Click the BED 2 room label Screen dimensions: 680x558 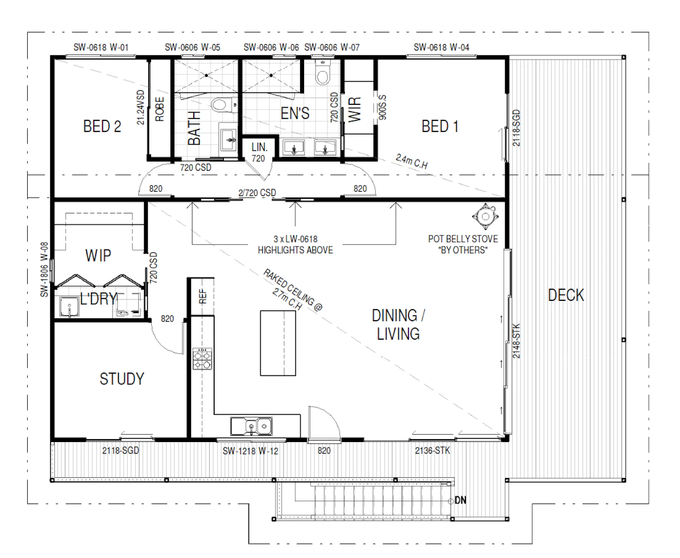pos(102,126)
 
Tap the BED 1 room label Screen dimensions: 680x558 pos(440,126)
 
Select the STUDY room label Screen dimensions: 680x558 pos(122,379)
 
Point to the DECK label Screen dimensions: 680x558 pos(566,295)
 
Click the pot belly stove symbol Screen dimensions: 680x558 pos(486,216)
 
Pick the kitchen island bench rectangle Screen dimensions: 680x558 pos(278,343)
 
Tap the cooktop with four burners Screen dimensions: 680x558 pos(202,359)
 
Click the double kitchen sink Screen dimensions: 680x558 pos(252,426)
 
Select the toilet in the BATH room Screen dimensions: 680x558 pos(222,105)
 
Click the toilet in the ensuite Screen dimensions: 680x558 pos(323,73)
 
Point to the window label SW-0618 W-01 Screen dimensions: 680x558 pos(101,48)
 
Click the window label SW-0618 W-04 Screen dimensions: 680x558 pos(442,48)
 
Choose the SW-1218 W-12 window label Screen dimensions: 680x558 pos(250,451)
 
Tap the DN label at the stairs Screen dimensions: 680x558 pos(460,500)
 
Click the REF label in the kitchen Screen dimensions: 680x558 pos(203,296)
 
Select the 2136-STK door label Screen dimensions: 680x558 pos(432,450)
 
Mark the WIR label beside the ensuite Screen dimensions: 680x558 pos(355,110)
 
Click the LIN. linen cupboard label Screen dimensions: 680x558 pos(259,148)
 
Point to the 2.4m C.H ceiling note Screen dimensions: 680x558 pos(412,161)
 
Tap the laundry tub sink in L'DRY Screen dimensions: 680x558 pos(69,306)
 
